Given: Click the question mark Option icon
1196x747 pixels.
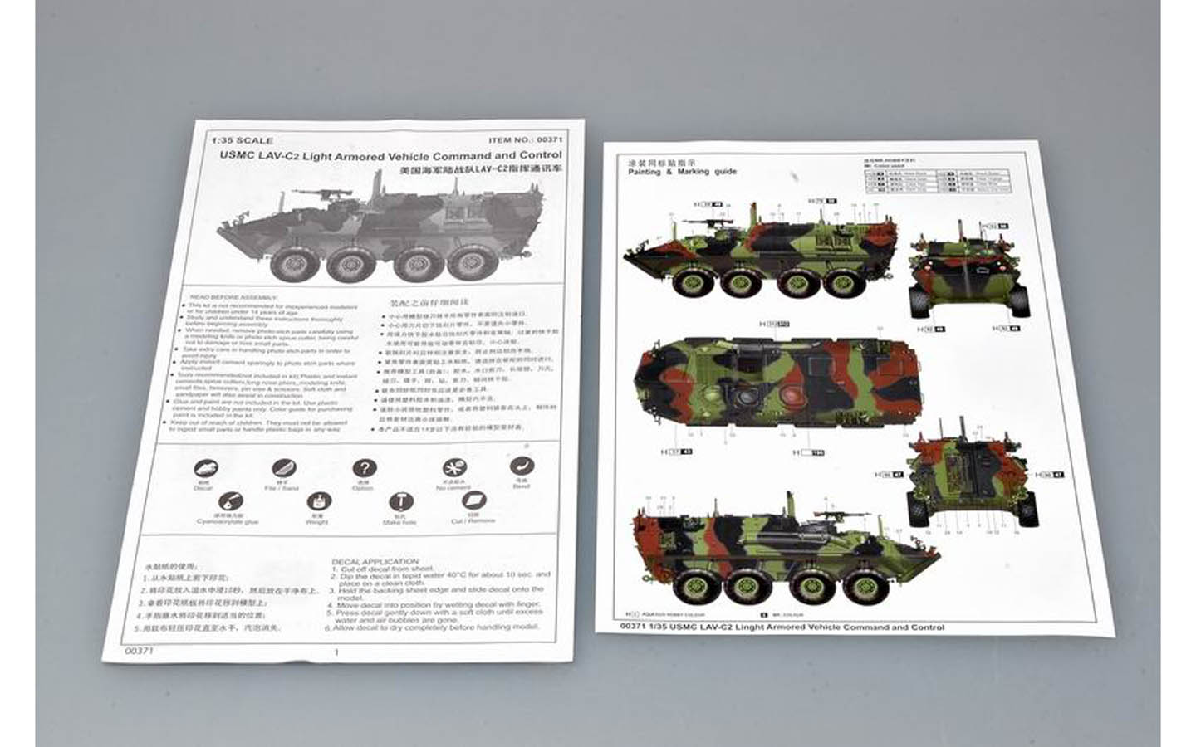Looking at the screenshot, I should (x=364, y=469).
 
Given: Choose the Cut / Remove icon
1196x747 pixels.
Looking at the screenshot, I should (x=473, y=500).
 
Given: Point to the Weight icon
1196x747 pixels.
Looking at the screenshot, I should (x=317, y=502).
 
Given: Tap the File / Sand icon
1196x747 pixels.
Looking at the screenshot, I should (x=283, y=469).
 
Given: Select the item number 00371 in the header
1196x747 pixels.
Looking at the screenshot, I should (x=550, y=142).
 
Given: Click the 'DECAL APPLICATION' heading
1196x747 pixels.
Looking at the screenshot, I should (x=375, y=562).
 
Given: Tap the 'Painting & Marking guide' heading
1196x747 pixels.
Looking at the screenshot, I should (x=682, y=172).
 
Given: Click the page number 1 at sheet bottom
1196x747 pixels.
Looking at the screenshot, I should (x=336, y=652).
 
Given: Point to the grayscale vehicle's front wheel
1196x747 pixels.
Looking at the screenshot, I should (x=289, y=264).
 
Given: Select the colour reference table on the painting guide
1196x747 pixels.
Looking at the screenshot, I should (x=936, y=182).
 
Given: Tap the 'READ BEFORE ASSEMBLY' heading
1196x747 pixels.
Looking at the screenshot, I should (x=235, y=296).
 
